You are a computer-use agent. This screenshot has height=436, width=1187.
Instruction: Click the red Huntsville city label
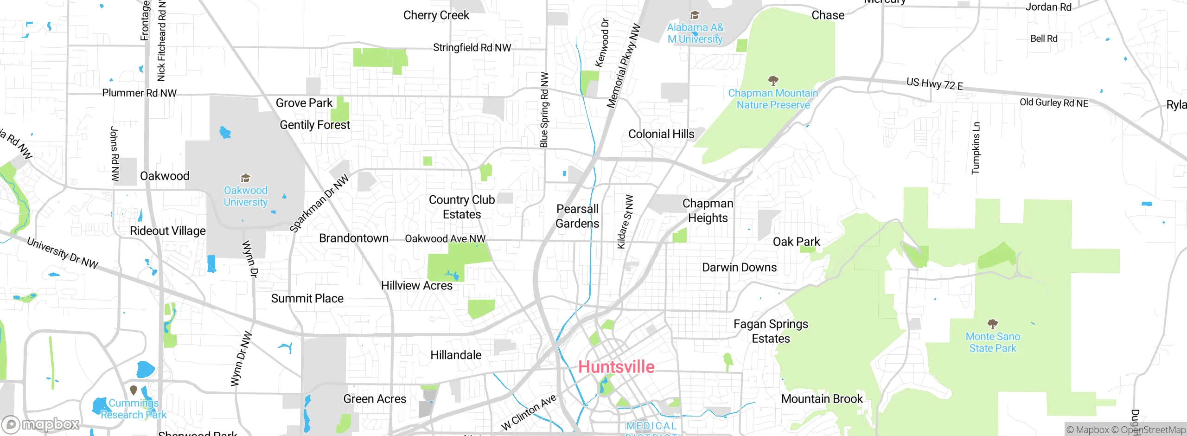[x=616, y=367]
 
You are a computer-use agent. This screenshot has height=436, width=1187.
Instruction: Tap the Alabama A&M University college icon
[x=695, y=15]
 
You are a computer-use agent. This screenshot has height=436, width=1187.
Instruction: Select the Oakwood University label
[x=246, y=196]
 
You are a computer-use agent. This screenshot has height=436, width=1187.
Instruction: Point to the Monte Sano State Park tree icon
[x=993, y=323]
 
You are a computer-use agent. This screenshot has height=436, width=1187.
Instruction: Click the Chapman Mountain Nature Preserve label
[x=773, y=99]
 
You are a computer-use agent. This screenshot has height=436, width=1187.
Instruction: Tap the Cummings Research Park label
[x=134, y=409]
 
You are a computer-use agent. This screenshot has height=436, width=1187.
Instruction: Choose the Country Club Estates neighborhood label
[x=462, y=207]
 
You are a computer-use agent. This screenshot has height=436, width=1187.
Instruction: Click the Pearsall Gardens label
[x=577, y=216]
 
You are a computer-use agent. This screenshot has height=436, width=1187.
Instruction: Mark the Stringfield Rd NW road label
[x=472, y=48]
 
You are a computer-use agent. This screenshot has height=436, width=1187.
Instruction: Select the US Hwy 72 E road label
[x=935, y=84]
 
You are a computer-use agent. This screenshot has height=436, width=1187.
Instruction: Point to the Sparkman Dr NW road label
[x=319, y=203]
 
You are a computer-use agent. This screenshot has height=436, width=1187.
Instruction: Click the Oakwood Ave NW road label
[x=445, y=238]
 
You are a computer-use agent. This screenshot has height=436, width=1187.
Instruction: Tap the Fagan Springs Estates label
[x=771, y=331]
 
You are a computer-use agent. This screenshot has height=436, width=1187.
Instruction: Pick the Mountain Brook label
[x=822, y=399]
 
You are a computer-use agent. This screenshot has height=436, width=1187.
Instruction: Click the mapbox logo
[x=41, y=424]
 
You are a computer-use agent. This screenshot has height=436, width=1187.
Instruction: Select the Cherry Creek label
[x=436, y=15]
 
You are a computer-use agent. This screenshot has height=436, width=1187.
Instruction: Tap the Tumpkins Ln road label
[x=976, y=148]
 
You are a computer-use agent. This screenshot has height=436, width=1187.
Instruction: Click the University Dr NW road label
[x=63, y=253]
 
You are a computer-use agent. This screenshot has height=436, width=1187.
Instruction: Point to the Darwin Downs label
[x=739, y=268]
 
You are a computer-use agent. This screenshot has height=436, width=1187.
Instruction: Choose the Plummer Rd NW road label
[x=139, y=93]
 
